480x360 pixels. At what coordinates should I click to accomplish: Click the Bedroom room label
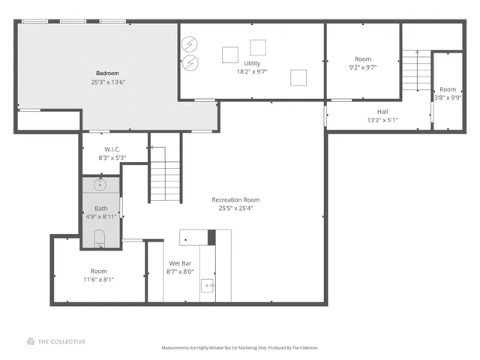[107, 73]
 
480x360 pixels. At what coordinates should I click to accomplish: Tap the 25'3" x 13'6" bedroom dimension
[107, 82]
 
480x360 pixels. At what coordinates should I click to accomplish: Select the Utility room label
[252, 63]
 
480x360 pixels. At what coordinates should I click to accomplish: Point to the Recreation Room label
[235, 199]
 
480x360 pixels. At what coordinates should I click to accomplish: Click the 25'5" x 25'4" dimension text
[235, 208]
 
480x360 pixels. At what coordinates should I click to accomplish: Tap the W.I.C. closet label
[113, 148]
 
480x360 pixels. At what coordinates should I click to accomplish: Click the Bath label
[101, 208]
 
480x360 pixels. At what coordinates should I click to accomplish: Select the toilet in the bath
[100, 238]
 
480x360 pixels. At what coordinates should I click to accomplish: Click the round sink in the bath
[100, 184]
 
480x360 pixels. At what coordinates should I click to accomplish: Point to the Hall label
[382, 111]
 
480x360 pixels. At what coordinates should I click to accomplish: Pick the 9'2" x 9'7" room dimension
[363, 67]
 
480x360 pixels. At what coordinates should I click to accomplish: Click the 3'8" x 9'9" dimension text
[448, 97]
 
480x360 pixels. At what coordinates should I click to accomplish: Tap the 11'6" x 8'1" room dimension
[98, 279]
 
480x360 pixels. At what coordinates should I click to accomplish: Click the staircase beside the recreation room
[164, 174]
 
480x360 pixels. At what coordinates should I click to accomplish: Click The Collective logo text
[61, 342]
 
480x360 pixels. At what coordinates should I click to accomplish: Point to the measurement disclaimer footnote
[240, 348]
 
